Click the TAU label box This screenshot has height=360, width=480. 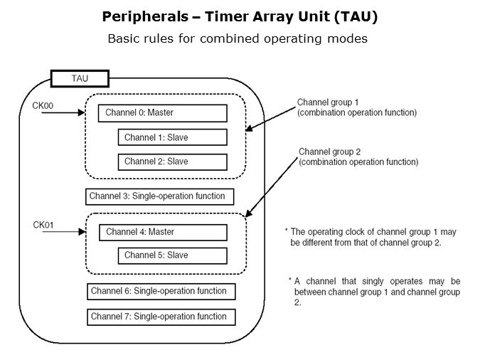pyautogui.click(x=80, y=78)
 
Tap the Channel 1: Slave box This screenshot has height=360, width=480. pyautogui.click(x=172, y=137)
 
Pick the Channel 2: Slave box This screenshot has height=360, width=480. pyautogui.click(x=172, y=162)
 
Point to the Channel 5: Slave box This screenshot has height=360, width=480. pyautogui.click(x=172, y=255)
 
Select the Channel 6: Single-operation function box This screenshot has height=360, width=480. pyautogui.click(x=161, y=291)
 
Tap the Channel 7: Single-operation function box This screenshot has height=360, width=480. pyautogui.click(x=161, y=317)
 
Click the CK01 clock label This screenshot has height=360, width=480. pyautogui.click(x=43, y=225)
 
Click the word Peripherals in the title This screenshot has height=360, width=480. pyautogui.click(x=139, y=16)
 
